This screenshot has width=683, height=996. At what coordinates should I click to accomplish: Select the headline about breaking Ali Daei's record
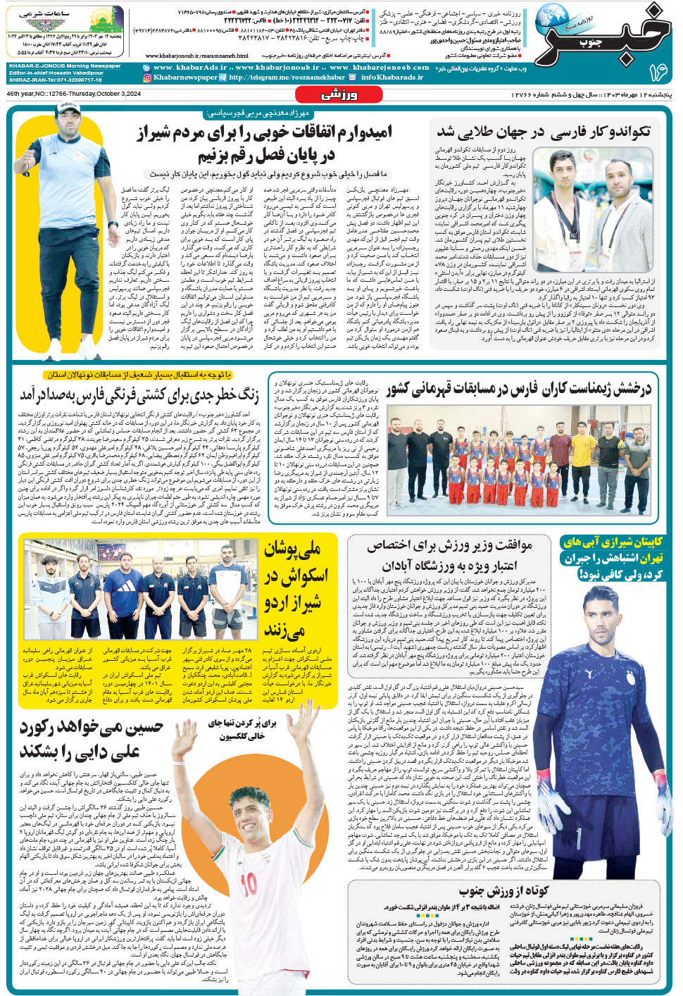pos(92,740)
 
